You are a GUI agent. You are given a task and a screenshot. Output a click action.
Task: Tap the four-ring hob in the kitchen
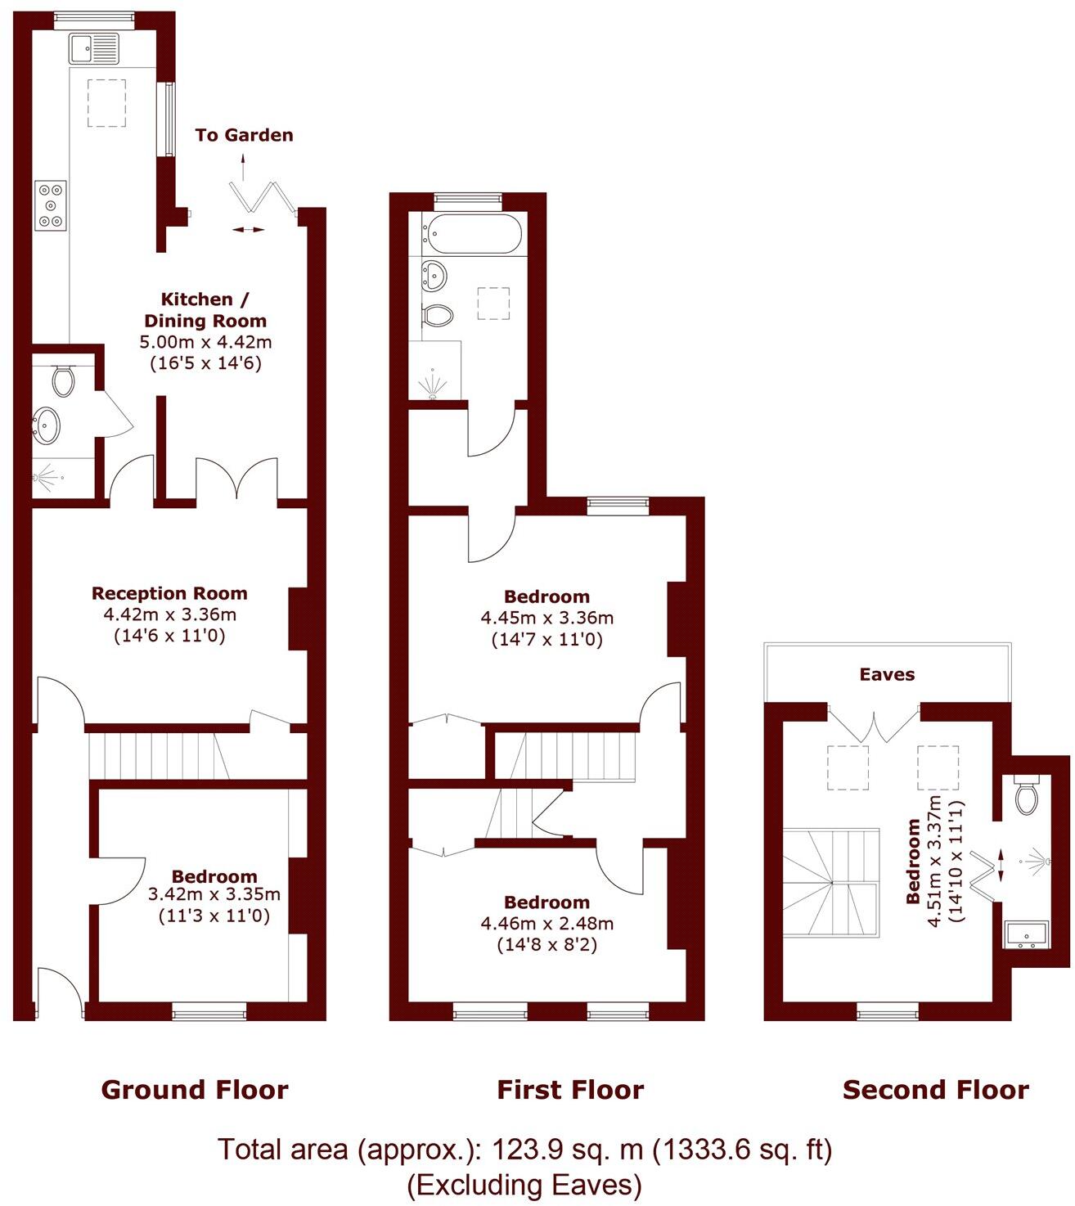[51, 206]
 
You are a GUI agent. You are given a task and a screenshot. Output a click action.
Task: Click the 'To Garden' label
[244, 135]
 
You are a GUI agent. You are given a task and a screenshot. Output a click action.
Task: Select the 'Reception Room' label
[169, 593]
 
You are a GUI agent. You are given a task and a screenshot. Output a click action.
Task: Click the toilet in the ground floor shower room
[63, 380]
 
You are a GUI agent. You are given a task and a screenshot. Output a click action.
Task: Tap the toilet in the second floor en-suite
[1026, 794]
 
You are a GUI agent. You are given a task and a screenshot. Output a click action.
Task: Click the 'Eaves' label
[887, 674]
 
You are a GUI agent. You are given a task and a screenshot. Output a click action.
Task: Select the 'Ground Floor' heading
[195, 1090]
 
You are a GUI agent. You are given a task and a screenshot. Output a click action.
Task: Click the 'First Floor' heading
[570, 1090]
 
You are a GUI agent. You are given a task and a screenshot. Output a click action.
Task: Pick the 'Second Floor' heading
[936, 1090]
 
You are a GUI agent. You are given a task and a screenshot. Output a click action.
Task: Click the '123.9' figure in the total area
[520, 1150]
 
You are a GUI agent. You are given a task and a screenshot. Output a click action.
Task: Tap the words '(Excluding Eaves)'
[524, 1184]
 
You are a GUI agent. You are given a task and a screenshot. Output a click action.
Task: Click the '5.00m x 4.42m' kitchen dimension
[205, 342]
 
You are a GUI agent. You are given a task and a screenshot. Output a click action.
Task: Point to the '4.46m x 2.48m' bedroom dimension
[546, 924]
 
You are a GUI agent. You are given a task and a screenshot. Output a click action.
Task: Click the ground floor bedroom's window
[209, 1014]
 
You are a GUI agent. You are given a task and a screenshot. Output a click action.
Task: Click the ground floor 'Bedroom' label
[214, 876]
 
